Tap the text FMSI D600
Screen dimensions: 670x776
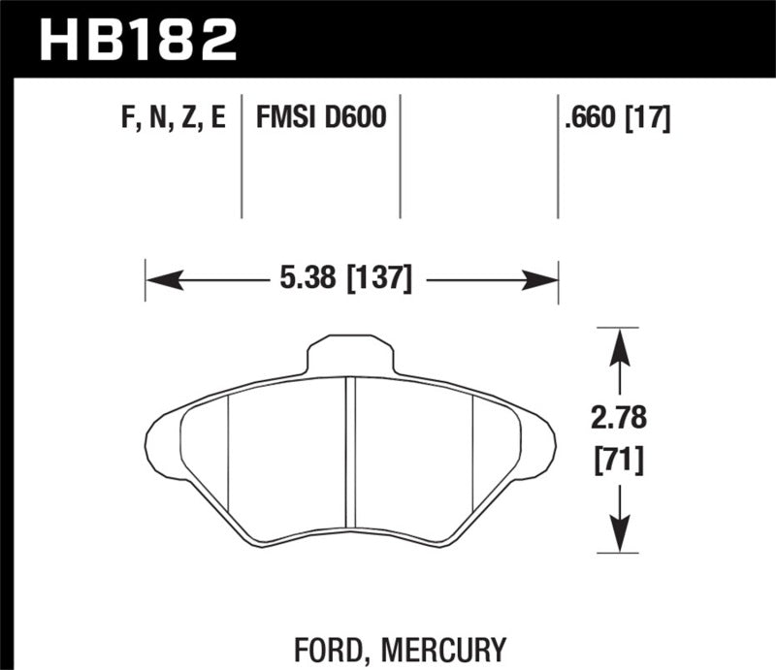[x=321, y=119]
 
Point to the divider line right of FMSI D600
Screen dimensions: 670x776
[x=401, y=155]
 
